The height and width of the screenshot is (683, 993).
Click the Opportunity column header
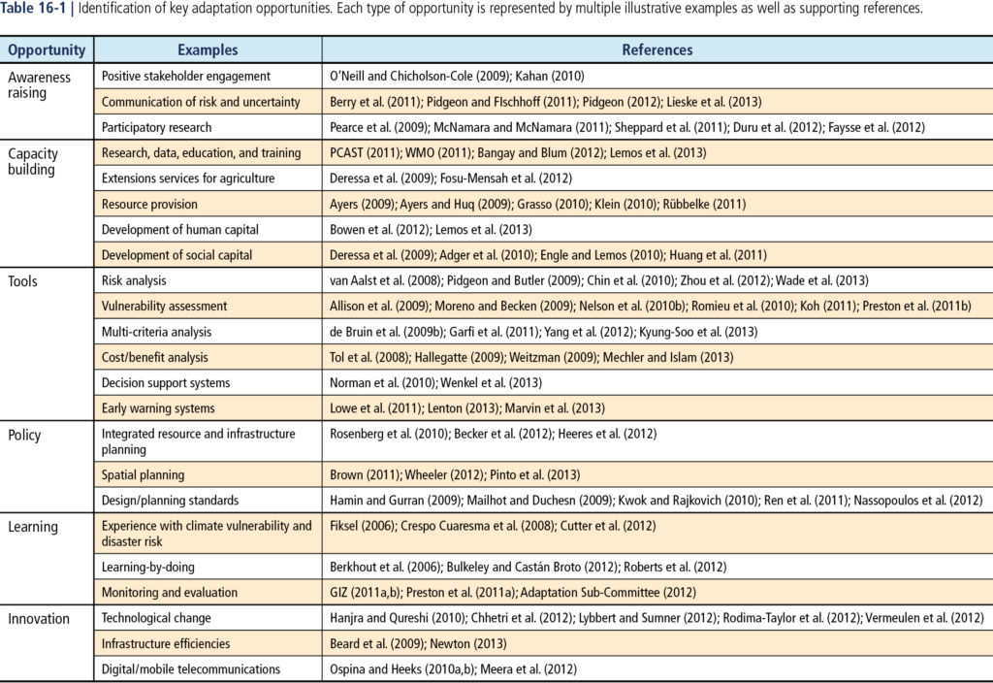click(x=47, y=50)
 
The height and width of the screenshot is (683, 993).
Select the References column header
click(x=657, y=50)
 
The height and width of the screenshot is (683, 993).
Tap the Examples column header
click(x=208, y=50)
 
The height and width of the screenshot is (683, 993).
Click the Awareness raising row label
click(x=39, y=85)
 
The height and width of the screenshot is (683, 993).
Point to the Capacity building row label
click(x=33, y=162)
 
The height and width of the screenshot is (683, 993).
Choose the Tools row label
click(x=23, y=281)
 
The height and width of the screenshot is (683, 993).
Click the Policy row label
click(x=24, y=436)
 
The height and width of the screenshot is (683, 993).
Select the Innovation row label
click(x=39, y=619)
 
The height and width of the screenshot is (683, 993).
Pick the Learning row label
click(x=33, y=527)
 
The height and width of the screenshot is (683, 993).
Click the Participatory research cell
click(x=156, y=127)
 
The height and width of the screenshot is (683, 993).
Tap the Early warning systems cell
click(x=158, y=408)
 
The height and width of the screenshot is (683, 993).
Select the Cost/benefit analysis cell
click(x=154, y=357)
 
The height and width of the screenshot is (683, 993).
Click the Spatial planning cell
click(x=144, y=475)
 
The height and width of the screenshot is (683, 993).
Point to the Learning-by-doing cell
click(x=148, y=567)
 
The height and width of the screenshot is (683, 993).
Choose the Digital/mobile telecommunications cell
click(x=191, y=669)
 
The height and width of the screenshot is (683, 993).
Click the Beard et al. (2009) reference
click(x=376, y=644)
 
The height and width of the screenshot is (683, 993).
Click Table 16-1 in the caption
click(x=34, y=8)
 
